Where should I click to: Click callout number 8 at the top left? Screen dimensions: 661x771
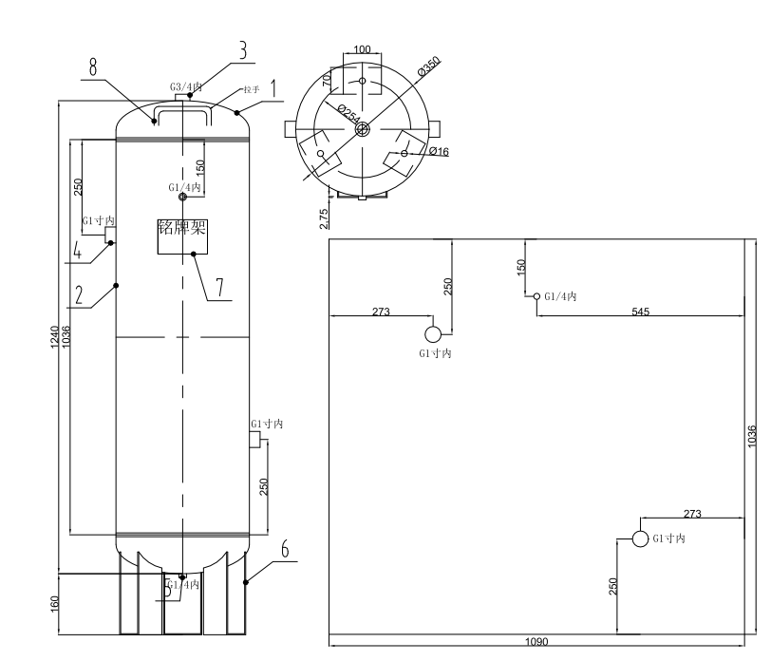pyautogui.click(x=93, y=66)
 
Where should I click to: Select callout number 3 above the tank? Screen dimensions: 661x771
pyautogui.click(x=243, y=51)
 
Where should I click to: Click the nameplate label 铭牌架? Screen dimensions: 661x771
pyautogui.click(x=180, y=229)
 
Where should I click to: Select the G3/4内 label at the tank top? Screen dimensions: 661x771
pyautogui.click(x=186, y=87)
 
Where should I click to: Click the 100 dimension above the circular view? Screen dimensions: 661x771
pyautogui.click(x=362, y=49)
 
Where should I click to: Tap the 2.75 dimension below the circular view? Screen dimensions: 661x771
pyautogui.click(x=325, y=217)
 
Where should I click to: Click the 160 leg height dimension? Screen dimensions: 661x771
pyautogui.click(x=54, y=603)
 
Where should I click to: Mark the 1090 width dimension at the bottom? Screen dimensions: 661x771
pyautogui.click(x=536, y=642)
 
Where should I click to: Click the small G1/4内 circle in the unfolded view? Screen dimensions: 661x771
pyautogui.click(x=536, y=296)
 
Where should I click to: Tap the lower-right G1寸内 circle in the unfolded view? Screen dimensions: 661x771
pyautogui.click(x=640, y=538)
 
